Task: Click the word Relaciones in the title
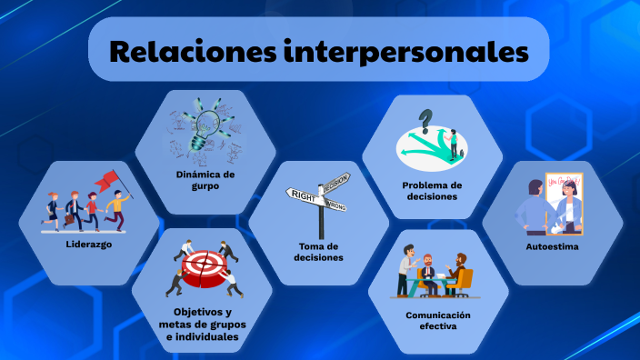tap(190, 51)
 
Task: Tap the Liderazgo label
tap(88, 245)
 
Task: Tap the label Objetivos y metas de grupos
tap(202, 324)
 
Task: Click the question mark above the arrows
tap(425, 119)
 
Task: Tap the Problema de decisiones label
tap(433, 190)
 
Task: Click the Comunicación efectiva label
tap(437, 319)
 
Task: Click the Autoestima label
tap(552, 245)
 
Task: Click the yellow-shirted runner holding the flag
tap(115, 208)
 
